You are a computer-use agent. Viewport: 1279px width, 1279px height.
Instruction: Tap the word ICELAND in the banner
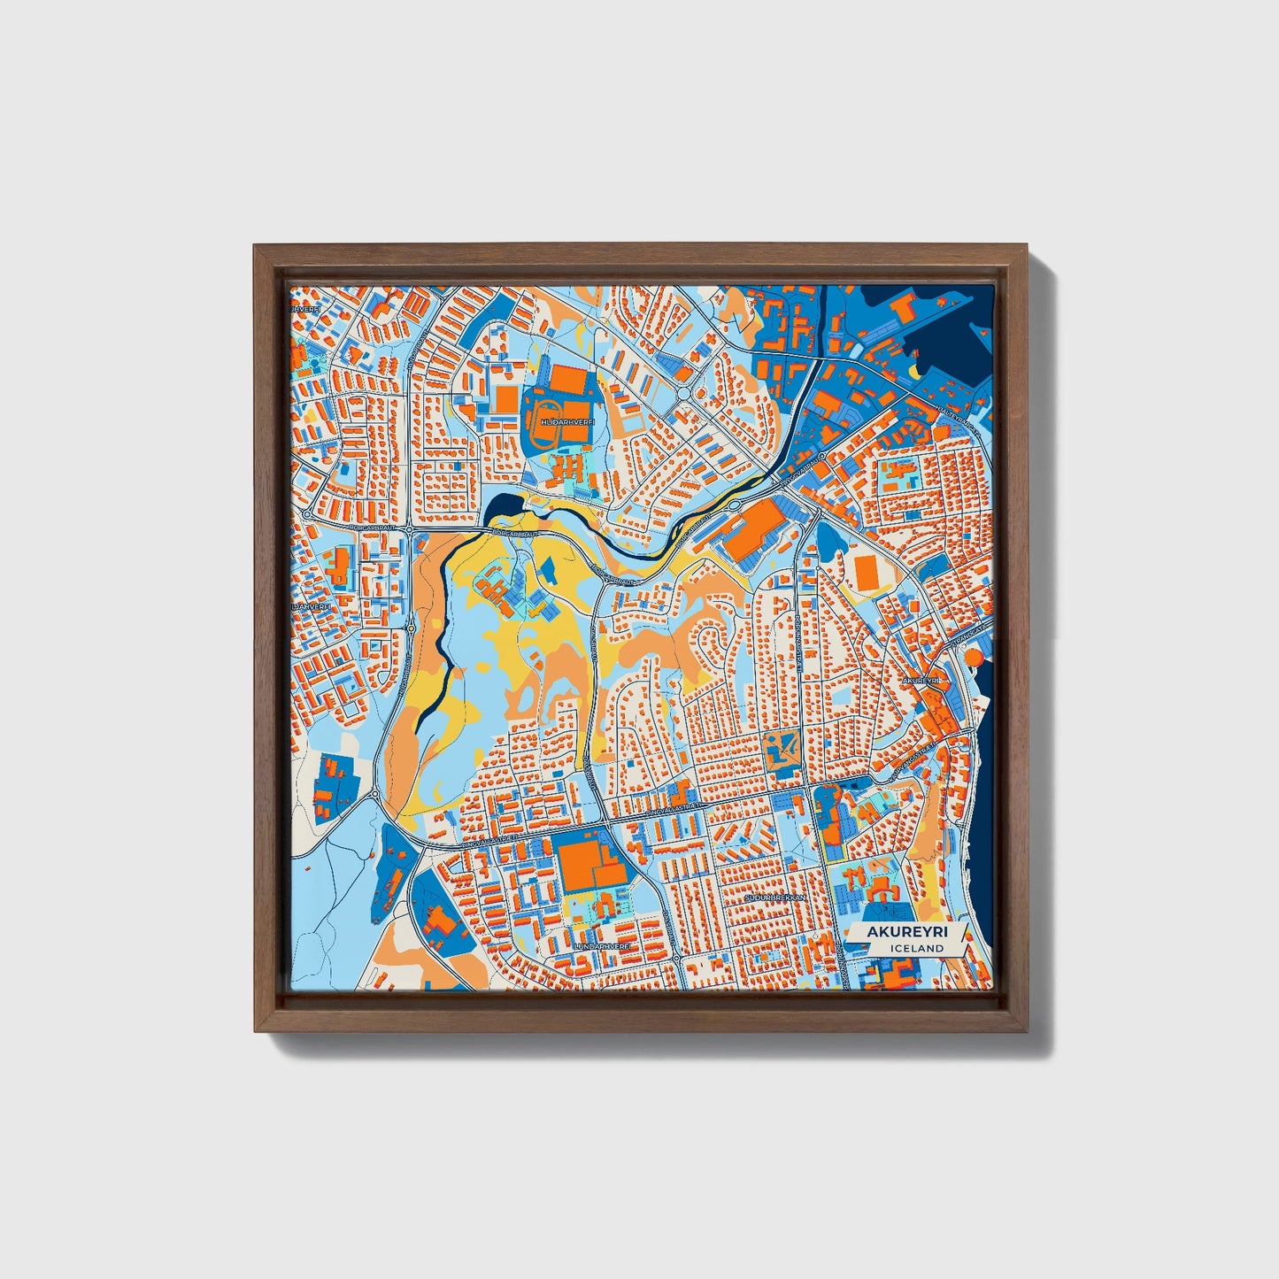[918, 948]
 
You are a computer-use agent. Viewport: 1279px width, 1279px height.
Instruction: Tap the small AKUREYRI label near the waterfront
[920, 680]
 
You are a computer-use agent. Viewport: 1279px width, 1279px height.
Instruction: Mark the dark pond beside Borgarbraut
[497, 506]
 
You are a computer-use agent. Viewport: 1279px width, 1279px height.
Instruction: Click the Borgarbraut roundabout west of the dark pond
[411, 529]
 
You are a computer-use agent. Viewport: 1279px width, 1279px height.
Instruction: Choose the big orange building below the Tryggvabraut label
[752, 525]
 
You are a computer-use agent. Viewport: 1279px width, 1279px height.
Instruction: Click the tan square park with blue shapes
[782, 749]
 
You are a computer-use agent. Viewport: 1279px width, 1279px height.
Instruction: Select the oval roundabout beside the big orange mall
[735, 505]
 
